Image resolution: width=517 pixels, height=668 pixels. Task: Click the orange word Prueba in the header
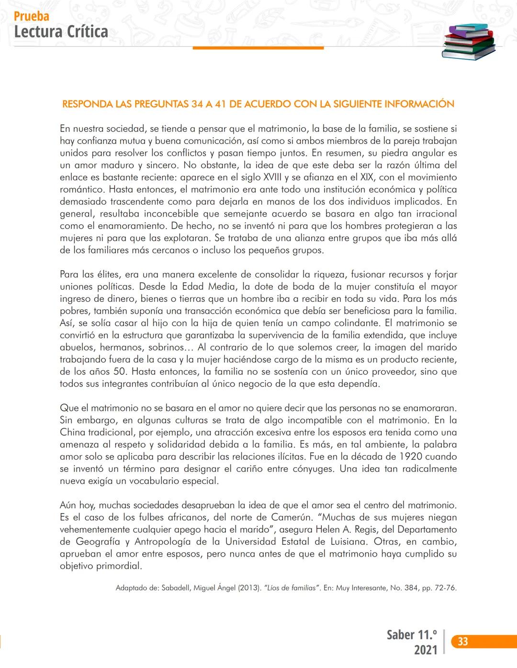point(32,16)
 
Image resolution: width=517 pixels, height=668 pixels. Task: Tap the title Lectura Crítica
point(61,32)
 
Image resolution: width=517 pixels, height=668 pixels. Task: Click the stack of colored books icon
point(468,42)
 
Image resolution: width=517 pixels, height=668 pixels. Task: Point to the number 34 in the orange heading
point(197,104)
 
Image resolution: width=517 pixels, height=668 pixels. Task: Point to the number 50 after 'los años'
point(120,372)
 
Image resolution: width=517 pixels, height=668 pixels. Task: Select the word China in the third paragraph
point(72,432)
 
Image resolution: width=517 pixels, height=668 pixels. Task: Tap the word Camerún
point(293,517)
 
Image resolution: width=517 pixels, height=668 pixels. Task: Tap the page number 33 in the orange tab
point(462,642)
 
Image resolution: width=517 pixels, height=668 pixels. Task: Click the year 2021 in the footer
point(426,650)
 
